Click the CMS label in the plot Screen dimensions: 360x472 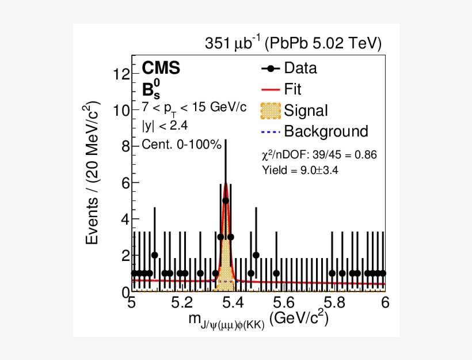pyautogui.click(x=161, y=68)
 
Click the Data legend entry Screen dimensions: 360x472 pyautogui.click(x=299, y=68)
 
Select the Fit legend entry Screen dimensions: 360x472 pyautogui.click(x=292, y=89)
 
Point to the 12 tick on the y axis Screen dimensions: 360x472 pyautogui.click(x=121, y=74)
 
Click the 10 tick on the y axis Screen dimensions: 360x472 pyautogui.click(x=121, y=111)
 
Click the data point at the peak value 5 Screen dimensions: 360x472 pyautogui.click(x=226, y=200)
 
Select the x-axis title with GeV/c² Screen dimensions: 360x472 pyautogui.click(x=259, y=320)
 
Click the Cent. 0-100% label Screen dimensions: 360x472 pyautogui.click(x=181, y=145)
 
